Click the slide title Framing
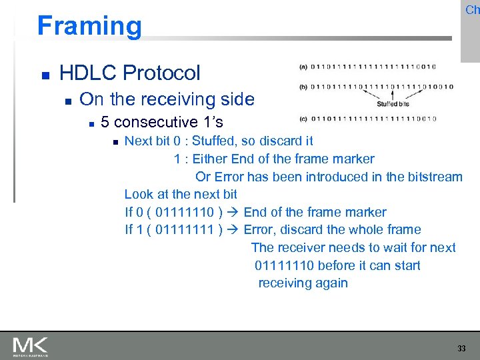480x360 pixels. (89, 26)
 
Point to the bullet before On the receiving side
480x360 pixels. (67, 101)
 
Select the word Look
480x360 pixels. (139, 195)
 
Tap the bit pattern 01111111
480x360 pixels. (183, 230)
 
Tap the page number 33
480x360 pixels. (461, 348)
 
